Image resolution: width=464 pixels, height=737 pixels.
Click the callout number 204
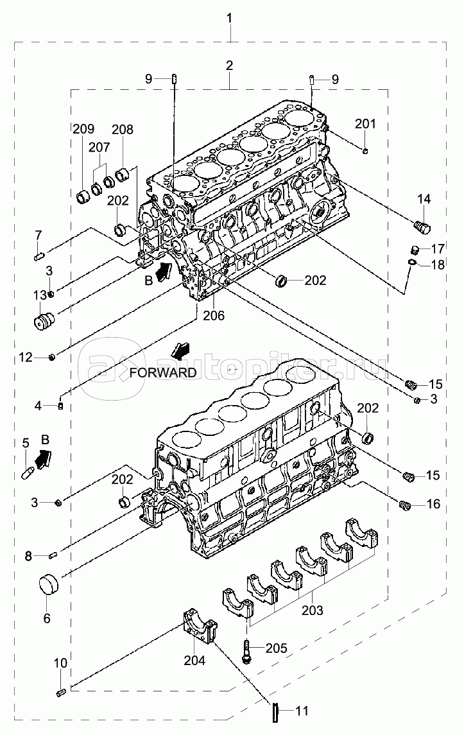[194, 661]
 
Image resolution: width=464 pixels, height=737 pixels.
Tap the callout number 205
[276, 648]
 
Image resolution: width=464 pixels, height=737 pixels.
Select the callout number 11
[302, 711]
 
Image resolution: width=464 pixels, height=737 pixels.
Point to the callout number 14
[424, 199]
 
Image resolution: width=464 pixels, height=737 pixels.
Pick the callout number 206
[214, 315]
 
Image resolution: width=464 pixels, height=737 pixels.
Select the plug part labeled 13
[45, 322]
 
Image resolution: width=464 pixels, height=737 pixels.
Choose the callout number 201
[365, 124]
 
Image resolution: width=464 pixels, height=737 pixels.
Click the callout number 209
[83, 128]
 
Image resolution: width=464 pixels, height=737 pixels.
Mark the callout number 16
[433, 505]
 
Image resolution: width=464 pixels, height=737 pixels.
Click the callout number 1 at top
[230, 19]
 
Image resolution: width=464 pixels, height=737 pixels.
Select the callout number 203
[313, 610]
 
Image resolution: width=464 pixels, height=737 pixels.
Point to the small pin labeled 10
[60, 692]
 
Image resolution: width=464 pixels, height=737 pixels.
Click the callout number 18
[437, 264]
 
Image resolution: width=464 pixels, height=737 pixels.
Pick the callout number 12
[26, 358]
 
